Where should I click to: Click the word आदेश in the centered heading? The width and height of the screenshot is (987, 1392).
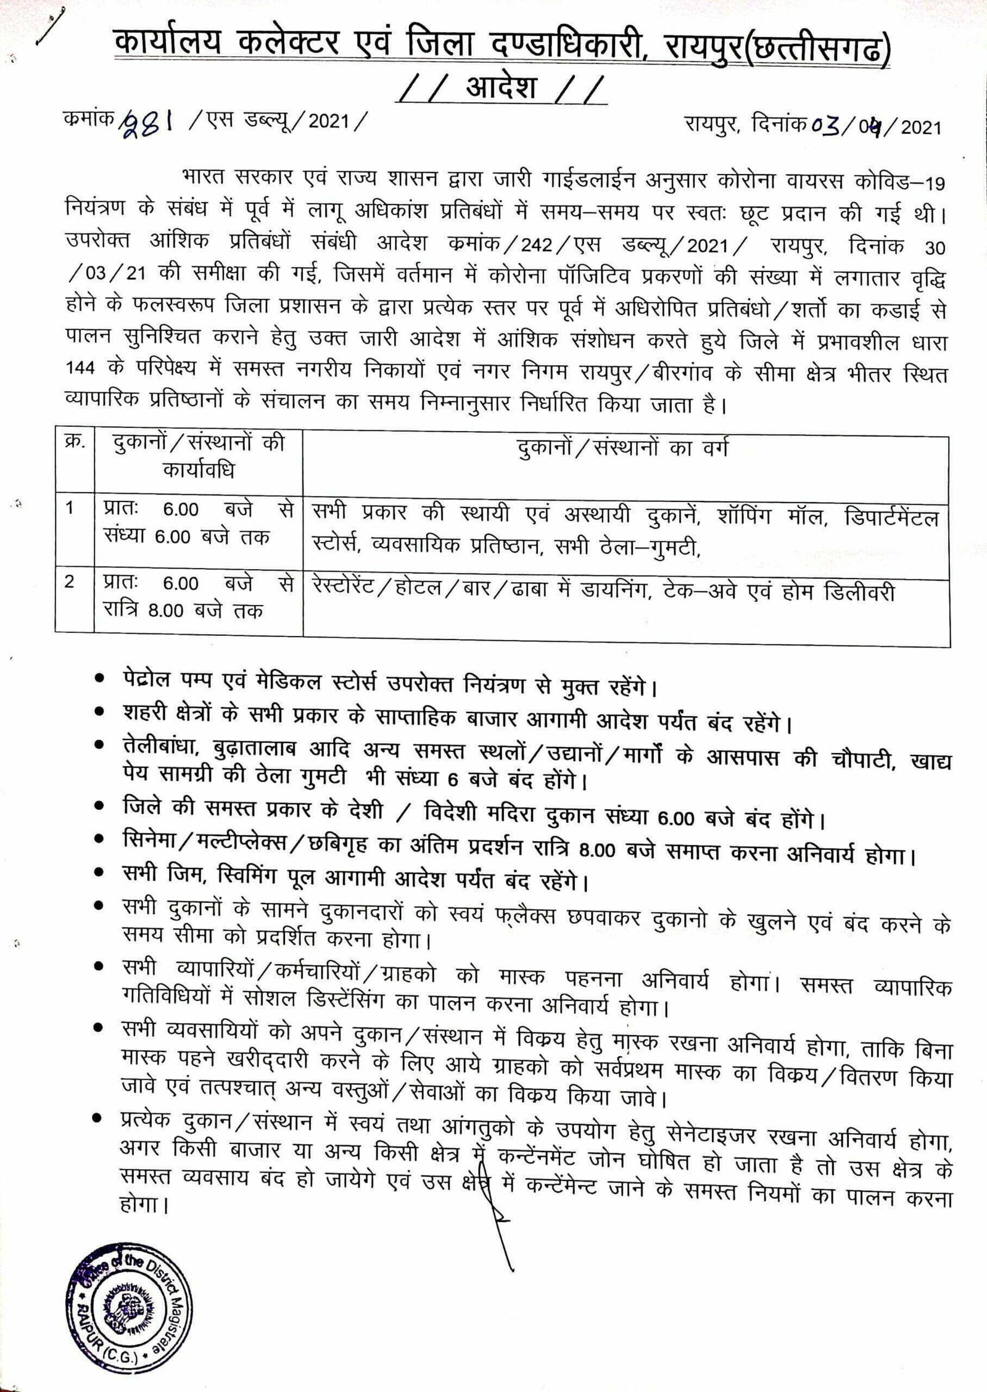(x=500, y=88)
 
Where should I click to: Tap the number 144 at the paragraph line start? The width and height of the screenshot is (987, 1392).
(x=80, y=368)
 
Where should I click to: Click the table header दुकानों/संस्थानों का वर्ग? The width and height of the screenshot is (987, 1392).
(x=623, y=448)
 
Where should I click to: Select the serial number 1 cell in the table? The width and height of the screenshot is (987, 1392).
(x=70, y=509)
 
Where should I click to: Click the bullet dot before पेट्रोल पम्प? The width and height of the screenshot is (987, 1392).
(x=99, y=677)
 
